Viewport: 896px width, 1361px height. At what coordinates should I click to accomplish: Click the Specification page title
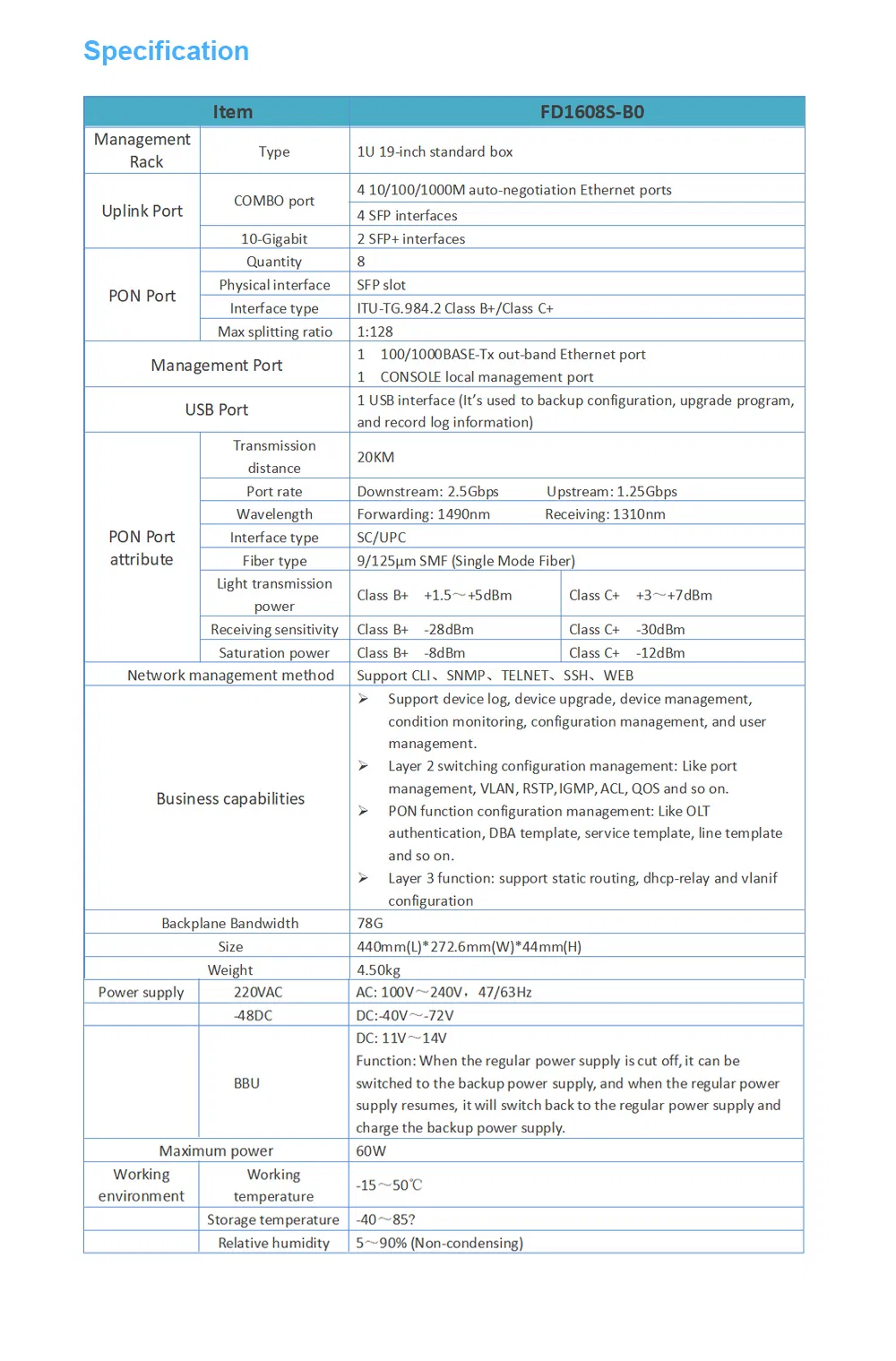pyautogui.click(x=166, y=51)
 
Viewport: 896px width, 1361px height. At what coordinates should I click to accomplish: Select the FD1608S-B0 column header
pyautogui.click(x=591, y=112)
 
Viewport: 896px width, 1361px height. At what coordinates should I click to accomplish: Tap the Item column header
pyautogui.click(x=232, y=112)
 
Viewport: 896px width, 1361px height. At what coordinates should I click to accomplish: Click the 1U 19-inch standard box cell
pyautogui.click(x=435, y=151)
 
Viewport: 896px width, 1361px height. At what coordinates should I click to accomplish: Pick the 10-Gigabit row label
pyautogui.click(x=273, y=238)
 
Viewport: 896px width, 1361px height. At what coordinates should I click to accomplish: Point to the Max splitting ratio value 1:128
pyautogui.click(x=375, y=332)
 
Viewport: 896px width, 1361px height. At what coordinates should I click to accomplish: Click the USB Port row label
pyautogui.click(x=216, y=409)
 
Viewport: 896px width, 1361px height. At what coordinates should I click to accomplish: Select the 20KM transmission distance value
pyautogui.click(x=375, y=457)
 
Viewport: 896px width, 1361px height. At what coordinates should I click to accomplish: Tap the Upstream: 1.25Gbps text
pyautogui.click(x=612, y=491)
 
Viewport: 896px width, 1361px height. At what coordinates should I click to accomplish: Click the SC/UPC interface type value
pyautogui.click(x=381, y=537)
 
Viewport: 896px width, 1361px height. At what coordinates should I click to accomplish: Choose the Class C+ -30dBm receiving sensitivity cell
pyautogui.click(x=626, y=629)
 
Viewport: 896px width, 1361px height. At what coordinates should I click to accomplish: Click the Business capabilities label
pyautogui.click(x=230, y=798)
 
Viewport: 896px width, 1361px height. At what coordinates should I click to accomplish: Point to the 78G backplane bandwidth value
pyautogui.click(x=369, y=923)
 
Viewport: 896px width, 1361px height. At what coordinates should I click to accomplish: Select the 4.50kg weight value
pyautogui.click(x=378, y=969)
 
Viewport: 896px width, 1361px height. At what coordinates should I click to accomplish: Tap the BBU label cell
pyautogui.click(x=246, y=1082)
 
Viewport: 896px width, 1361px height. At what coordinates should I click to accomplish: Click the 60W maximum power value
pyautogui.click(x=370, y=1150)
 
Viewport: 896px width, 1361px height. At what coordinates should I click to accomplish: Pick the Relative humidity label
pyautogui.click(x=273, y=1243)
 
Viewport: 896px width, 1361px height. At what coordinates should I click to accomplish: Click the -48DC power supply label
pyautogui.click(x=253, y=1015)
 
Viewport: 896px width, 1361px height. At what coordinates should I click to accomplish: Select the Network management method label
pyautogui.click(x=230, y=675)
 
